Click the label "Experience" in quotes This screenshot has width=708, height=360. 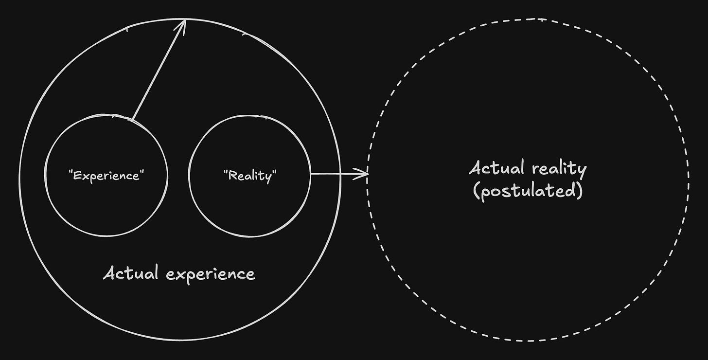(106, 175)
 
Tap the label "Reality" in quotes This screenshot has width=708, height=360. (249, 175)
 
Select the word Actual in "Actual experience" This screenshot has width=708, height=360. (131, 273)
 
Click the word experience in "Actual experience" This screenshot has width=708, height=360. (210, 274)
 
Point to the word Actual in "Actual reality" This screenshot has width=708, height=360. (497, 168)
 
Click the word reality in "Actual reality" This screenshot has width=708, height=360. (559, 169)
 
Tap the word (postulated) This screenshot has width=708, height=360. (528, 191)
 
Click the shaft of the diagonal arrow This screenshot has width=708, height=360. (158, 71)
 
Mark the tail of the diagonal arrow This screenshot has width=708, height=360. (132, 118)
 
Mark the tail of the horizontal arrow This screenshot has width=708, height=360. (312, 173)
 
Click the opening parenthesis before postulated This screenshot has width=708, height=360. (476, 191)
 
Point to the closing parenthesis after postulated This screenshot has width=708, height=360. (579, 191)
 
